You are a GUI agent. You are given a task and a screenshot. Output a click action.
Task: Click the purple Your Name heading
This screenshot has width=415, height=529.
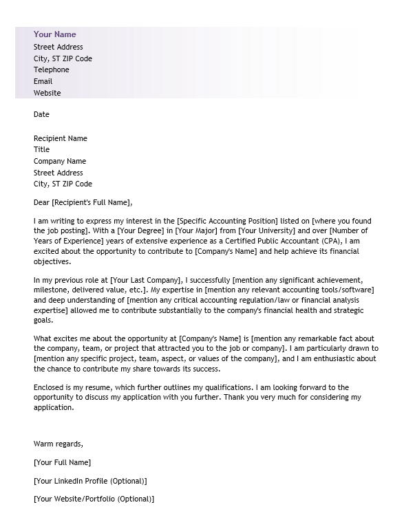click(54, 34)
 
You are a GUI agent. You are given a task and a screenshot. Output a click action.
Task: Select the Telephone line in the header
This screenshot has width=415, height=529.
click(52, 69)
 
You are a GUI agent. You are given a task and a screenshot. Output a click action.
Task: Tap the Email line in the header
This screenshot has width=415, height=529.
click(43, 81)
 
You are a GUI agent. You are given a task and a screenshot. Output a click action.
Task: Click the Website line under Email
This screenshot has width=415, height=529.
click(47, 93)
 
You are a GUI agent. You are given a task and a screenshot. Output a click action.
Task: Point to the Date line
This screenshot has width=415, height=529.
click(41, 114)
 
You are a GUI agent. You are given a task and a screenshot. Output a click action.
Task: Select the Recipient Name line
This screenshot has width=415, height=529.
click(61, 138)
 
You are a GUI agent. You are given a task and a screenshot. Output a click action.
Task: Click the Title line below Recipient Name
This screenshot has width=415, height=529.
click(41, 149)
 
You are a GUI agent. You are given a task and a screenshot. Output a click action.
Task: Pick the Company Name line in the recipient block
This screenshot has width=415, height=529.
click(60, 161)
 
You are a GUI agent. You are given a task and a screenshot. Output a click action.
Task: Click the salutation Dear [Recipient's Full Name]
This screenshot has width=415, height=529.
click(83, 202)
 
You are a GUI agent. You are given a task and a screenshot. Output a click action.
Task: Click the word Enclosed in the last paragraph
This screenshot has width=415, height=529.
click(50, 387)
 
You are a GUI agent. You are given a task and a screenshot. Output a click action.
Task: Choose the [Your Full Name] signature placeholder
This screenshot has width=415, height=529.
click(62, 462)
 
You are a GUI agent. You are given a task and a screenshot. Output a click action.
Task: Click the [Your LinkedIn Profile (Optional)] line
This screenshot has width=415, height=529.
click(90, 481)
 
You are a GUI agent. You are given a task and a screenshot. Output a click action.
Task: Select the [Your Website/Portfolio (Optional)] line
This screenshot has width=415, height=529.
click(94, 499)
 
